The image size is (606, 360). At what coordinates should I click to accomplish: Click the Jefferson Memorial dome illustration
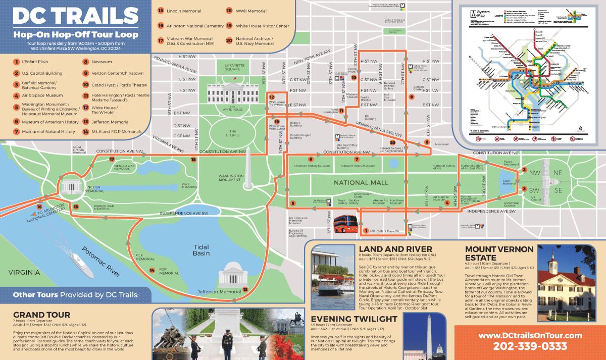tap(231, 275)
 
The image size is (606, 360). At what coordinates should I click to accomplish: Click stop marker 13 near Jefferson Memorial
tap(245, 290)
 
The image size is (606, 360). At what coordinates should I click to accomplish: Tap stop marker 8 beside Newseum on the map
tap(427, 142)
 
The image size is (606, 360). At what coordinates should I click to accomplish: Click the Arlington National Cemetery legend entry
tap(191, 25)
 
